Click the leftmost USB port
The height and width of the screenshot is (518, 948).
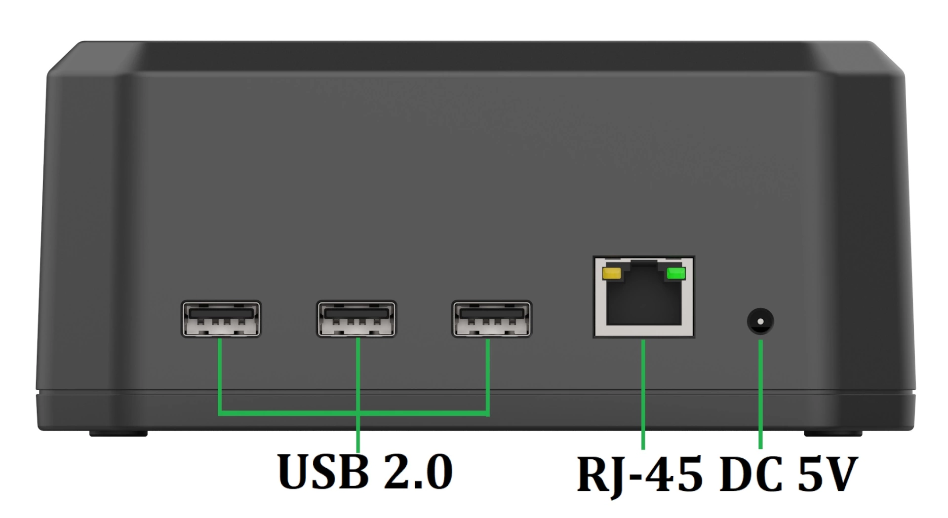click(x=221, y=319)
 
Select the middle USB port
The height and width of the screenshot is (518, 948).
click(x=356, y=319)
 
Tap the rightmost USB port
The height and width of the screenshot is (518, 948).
click(x=492, y=319)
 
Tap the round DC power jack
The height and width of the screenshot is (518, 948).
click(x=760, y=322)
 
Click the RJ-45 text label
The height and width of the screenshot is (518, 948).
click(x=639, y=475)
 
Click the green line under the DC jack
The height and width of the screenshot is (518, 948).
click(x=760, y=395)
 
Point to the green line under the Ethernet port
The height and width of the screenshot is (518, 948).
click(x=643, y=395)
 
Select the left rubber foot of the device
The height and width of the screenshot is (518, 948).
click(x=118, y=434)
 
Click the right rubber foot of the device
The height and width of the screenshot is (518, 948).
click(x=833, y=434)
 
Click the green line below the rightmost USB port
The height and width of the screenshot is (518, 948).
click(x=488, y=375)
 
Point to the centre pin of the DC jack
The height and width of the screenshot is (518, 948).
click(x=760, y=322)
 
